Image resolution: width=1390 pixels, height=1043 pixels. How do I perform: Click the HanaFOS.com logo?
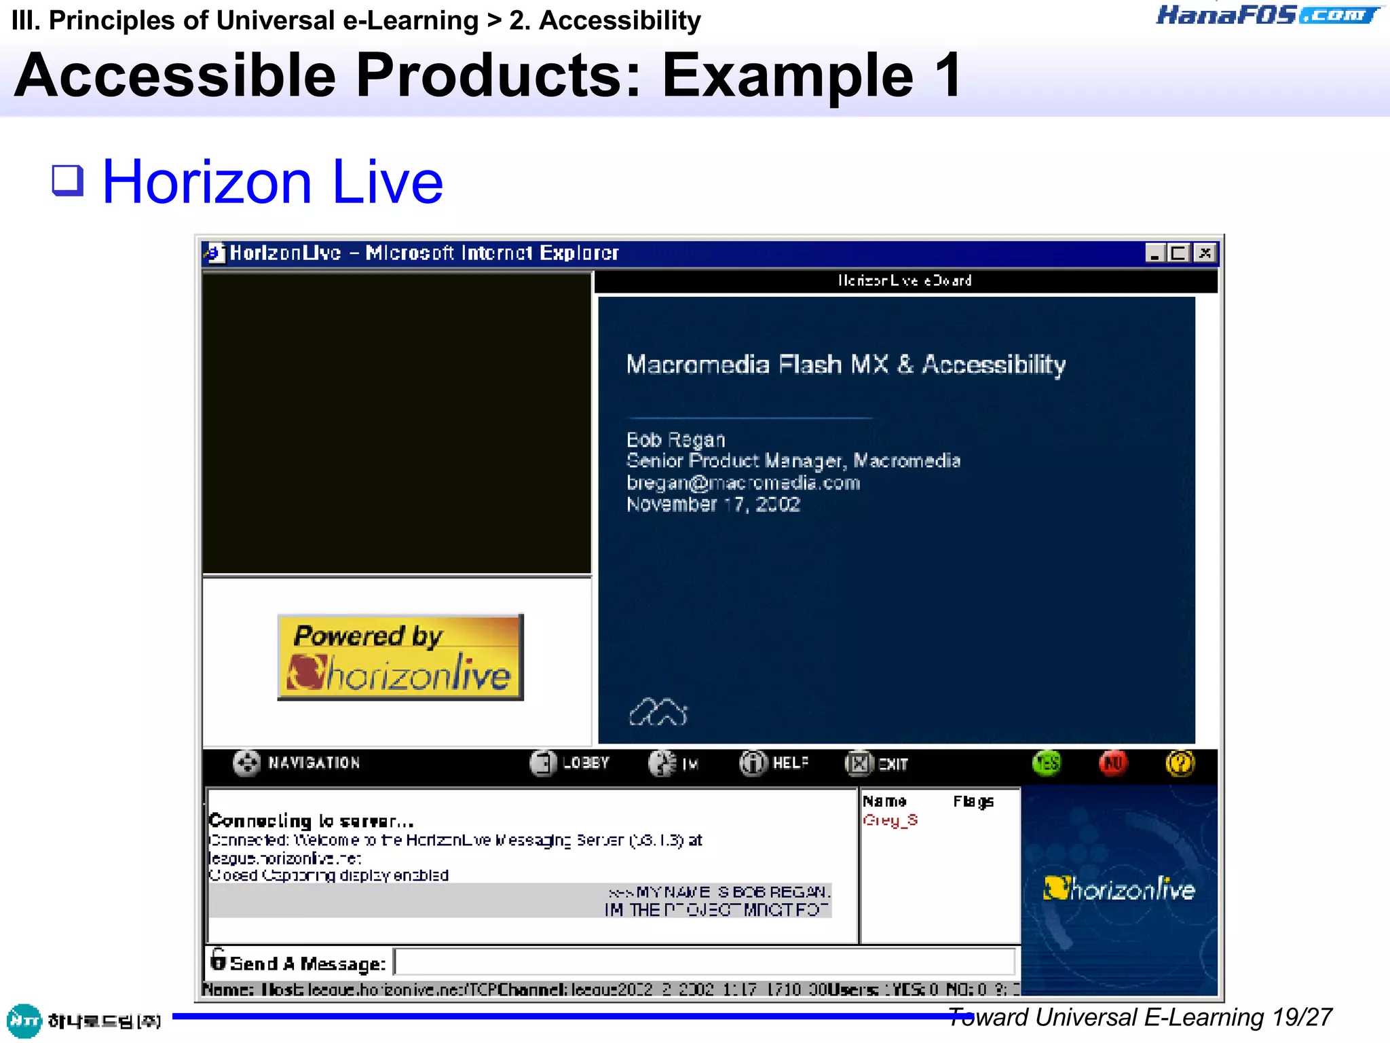point(1268,15)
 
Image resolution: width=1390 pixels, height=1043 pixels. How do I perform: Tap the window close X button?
point(1205,253)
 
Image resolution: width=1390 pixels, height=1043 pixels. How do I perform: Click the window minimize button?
point(1154,253)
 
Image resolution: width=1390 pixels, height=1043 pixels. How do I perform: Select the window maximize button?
point(1179,253)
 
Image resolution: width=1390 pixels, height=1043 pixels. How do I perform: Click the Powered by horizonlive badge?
point(400,657)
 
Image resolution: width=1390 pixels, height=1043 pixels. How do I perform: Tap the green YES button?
point(1047,763)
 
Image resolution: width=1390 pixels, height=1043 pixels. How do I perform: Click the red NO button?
point(1113,763)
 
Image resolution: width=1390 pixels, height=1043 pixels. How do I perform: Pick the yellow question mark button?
point(1180,763)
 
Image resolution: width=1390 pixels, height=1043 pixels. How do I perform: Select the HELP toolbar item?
point(774,763)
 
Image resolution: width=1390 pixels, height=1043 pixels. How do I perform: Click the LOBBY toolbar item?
point(570,763)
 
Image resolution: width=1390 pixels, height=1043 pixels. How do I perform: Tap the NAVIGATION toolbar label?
point(314,763)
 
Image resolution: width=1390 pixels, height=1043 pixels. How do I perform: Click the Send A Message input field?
point(705,962)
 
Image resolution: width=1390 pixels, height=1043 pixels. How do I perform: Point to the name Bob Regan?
point(675,440)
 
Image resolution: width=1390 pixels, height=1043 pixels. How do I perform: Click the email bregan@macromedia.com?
point(743,483)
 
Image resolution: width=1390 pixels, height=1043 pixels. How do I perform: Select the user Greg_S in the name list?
point(890,820)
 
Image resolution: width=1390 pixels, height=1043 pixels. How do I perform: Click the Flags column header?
point(973,802)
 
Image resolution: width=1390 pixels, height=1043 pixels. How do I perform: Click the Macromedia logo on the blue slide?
point(658,712)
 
